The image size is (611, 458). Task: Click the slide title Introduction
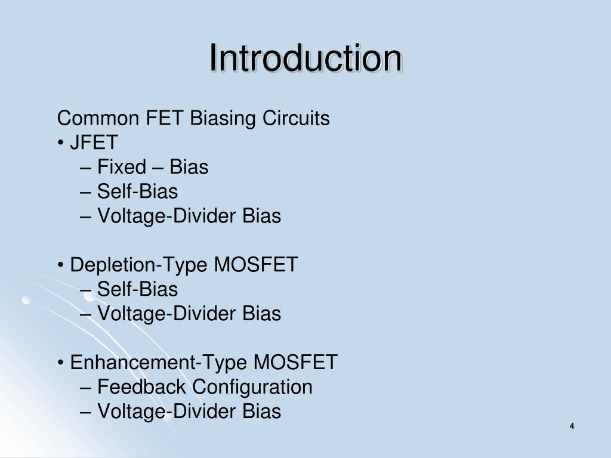point(305,58)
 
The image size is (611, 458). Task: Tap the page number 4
point(572,426)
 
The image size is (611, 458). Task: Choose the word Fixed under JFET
point(122,168)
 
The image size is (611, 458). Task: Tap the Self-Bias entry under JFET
point(137,191)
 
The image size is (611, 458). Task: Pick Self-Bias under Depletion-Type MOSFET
point(137,289)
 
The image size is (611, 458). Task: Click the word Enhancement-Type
point(159,362)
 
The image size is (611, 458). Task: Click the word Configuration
point(252,387)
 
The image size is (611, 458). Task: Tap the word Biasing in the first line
point(223,119)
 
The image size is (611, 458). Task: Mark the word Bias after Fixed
point(189,168)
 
